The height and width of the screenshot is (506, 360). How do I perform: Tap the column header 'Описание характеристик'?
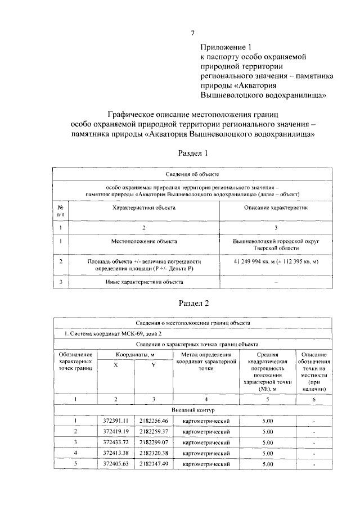275,207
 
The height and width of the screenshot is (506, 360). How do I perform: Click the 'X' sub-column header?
116,365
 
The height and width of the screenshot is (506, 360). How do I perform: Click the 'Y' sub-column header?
153,365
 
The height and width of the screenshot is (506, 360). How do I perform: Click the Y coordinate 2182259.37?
153,431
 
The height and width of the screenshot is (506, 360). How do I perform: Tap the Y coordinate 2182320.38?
153,453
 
